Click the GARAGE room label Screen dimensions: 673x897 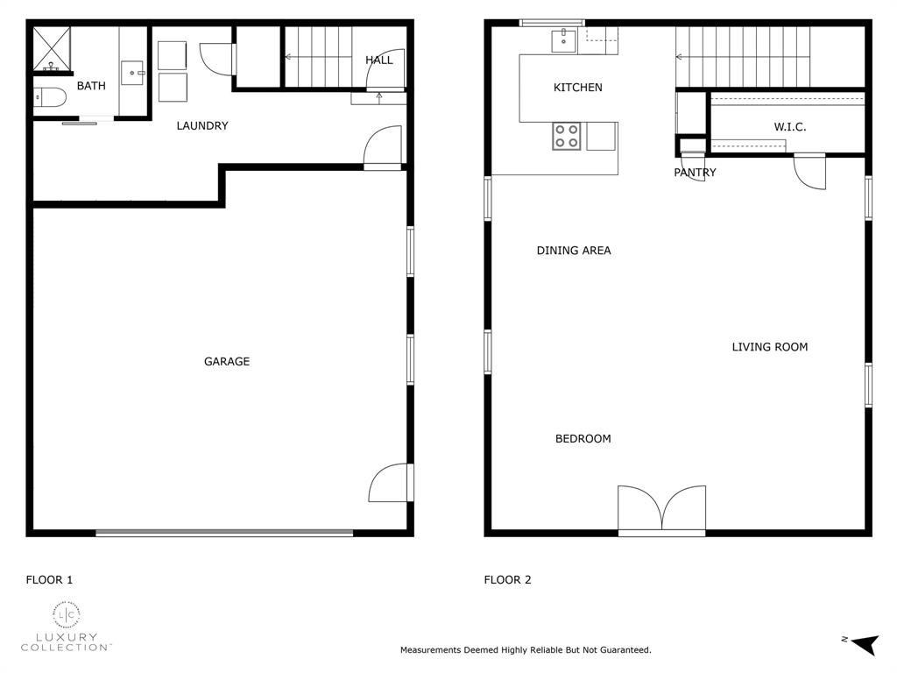pos(227,361)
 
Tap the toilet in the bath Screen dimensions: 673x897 pos(49,97)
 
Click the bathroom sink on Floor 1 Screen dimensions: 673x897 pos(132,72)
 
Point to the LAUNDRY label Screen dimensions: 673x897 pos(202,125)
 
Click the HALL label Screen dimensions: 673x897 pos(379,60)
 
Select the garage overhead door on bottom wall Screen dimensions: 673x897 pos(224,532)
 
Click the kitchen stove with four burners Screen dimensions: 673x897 pos(566,136)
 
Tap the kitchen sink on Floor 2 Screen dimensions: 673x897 pos(562,39)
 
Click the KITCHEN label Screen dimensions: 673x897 pos(578,87)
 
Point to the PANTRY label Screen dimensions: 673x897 pos(695,173)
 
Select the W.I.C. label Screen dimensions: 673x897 pos(789,127)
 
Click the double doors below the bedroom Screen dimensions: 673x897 pos(661,511)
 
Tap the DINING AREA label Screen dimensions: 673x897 pos(574,251)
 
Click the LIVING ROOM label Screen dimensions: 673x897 pos(769,347)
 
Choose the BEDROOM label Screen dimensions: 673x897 pos(583,438)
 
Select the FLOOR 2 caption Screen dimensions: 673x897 pos(508,579)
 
